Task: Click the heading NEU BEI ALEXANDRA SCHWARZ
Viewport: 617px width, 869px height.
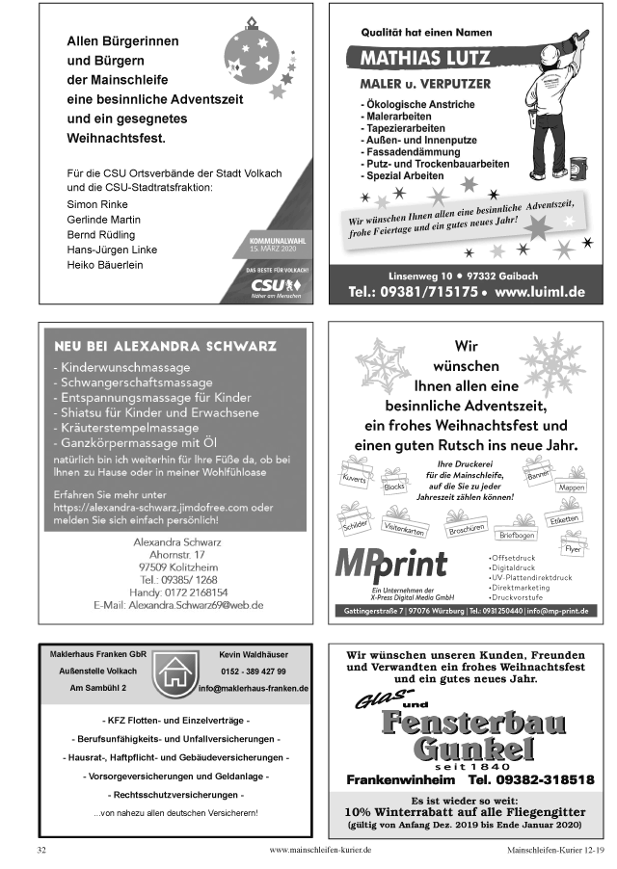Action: coord(165,346)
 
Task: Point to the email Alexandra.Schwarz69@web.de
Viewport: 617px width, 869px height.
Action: coord(178,605)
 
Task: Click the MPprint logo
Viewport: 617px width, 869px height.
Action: coord(390,563)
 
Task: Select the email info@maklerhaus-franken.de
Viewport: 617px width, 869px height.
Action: coord(253,689)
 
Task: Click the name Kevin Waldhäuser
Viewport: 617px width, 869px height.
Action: coord(253,654)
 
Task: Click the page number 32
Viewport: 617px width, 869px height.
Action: coord(41,851)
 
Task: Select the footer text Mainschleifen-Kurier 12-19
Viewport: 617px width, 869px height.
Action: coord(556,851)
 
